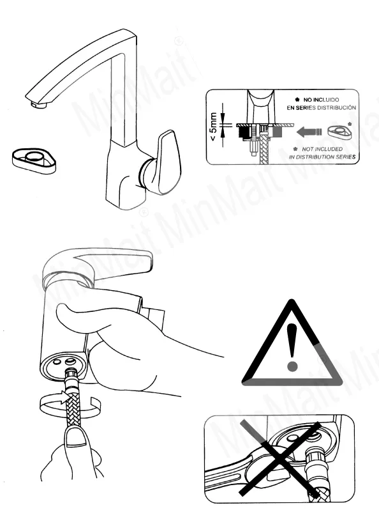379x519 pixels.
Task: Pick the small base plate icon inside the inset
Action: (339, 132)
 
